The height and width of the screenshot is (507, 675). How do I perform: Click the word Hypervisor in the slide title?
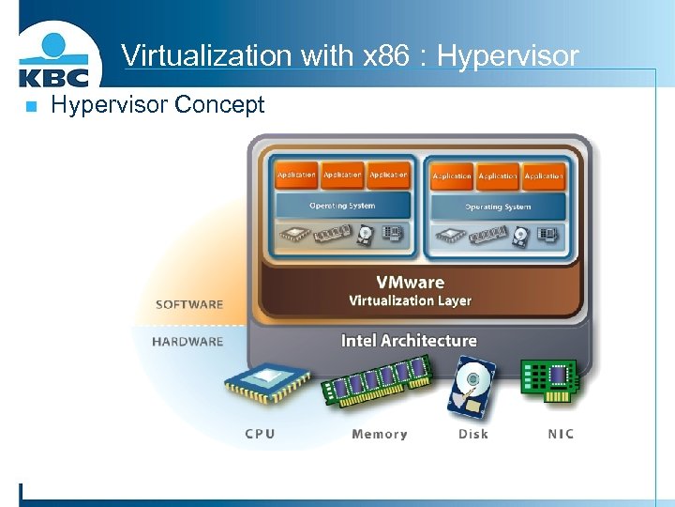(507, 56)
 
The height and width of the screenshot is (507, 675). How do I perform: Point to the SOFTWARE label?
(189, 304)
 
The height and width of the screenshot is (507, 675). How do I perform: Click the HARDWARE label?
(187, 342)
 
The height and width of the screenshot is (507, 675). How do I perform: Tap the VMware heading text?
(410, 282)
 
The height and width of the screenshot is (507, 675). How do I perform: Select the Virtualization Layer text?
(410, 300)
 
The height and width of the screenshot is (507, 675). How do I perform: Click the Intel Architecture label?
(409, 340)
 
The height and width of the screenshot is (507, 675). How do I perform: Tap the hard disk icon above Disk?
(472, 387)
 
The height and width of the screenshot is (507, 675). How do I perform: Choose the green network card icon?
(549, 383)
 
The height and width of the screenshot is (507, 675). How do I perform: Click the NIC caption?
(561, 434)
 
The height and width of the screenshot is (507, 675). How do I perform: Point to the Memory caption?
(380, 434)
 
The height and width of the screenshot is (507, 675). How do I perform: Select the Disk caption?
(473, 434)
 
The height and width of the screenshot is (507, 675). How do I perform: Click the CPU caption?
(261, 434)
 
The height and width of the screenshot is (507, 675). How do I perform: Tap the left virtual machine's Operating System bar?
(342, 206)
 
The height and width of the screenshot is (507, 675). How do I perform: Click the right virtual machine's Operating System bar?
(498, 207)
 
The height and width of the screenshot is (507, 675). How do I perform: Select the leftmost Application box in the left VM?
(296, 176)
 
